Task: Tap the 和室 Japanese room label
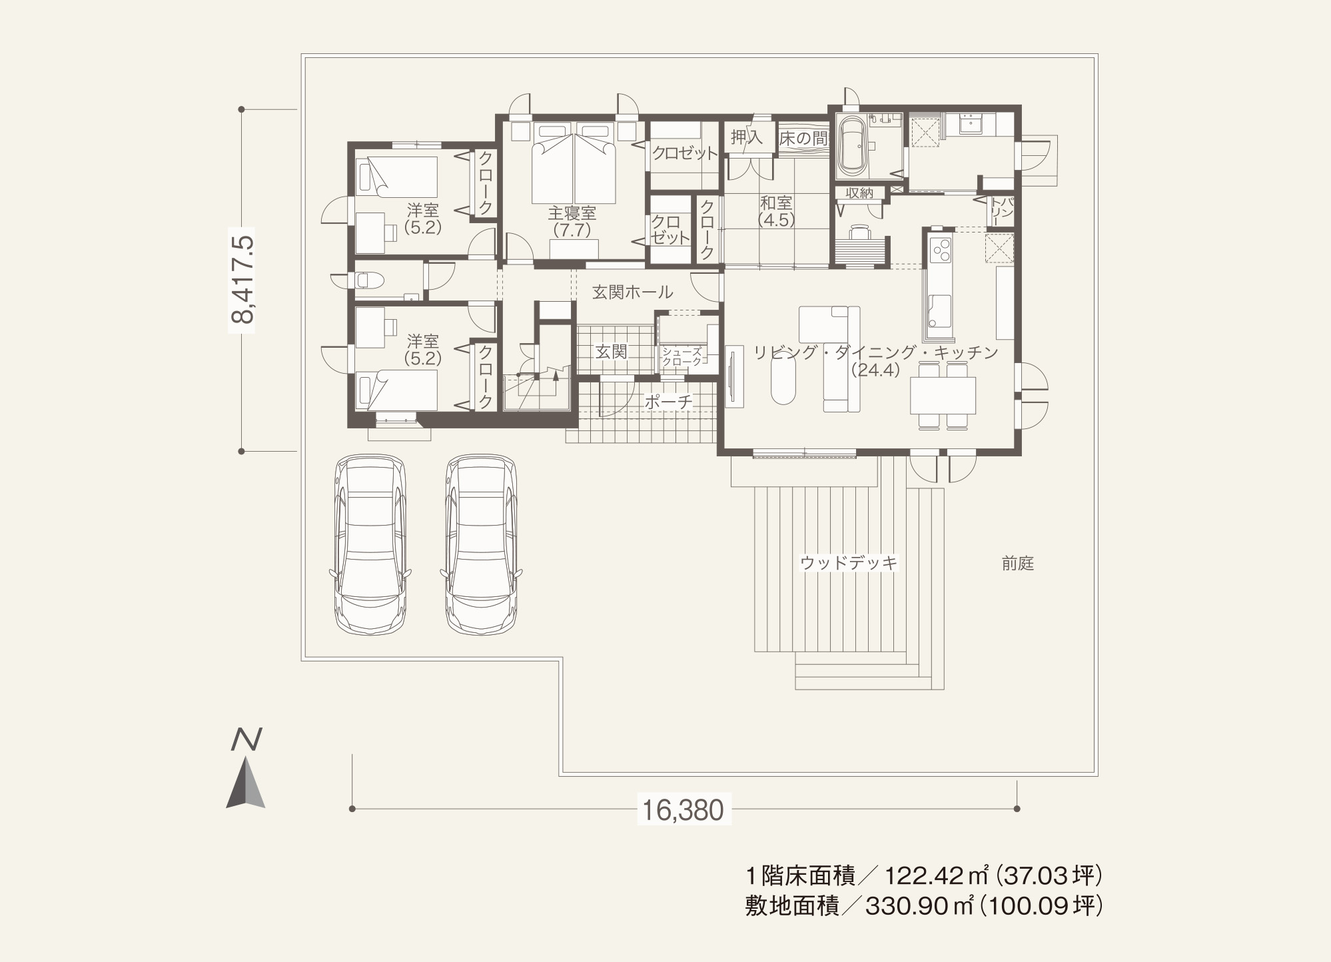[x=776, y=202]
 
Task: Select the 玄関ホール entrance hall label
[x=632, y=292]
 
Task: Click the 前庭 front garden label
[x=1017, y=564]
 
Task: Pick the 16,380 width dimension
[x=683, y=810]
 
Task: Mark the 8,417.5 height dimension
[x=243, y=279]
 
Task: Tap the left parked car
[x=370, y=545]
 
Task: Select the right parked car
[x=481, y=545]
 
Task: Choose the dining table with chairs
[x=943, y=394]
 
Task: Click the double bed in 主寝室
[x=574, y=163]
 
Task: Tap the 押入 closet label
[x=746, y=138]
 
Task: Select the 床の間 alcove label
[x=803, y=139]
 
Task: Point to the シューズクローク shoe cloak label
[x=682, y=356]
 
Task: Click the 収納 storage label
[x=859, y=193]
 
